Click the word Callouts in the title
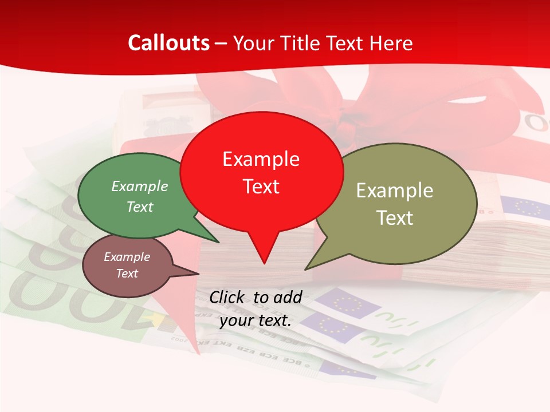click(168, 43)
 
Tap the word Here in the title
click(391, 43)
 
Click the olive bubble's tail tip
click(307, 268)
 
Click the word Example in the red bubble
click(261, 159)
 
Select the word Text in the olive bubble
click(395, 218)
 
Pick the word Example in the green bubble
click(140, 187)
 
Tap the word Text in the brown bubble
click(127, 274)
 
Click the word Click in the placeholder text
click(227, 297)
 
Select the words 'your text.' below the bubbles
click(256, 320)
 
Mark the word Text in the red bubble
click(261, 187)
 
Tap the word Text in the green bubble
click(140, 207)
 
